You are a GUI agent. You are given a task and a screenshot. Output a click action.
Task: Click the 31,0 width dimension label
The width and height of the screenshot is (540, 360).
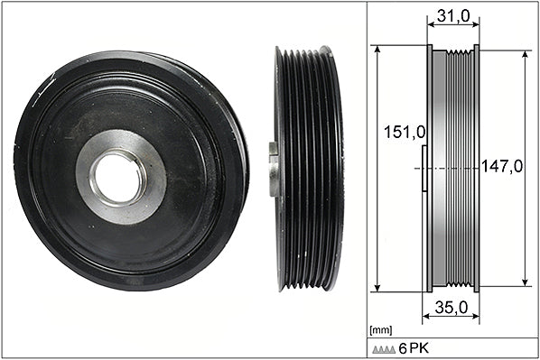point(453,15)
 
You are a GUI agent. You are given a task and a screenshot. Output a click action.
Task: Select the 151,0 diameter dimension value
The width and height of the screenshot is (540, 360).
point(405,132)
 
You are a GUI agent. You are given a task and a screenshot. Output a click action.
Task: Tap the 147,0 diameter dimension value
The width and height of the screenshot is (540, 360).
point(501,166)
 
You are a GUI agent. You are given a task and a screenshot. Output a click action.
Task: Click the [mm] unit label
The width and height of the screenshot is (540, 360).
point(380,330)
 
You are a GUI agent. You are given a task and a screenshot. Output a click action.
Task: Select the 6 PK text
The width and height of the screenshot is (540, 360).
point(414,348)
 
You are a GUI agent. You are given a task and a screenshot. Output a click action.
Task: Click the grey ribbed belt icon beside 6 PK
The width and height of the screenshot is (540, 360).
point(384,349)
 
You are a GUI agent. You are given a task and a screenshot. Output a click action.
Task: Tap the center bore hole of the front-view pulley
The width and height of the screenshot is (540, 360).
point(117,177)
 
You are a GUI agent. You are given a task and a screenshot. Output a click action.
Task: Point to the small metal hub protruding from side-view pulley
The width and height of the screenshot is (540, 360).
point(274,170)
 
